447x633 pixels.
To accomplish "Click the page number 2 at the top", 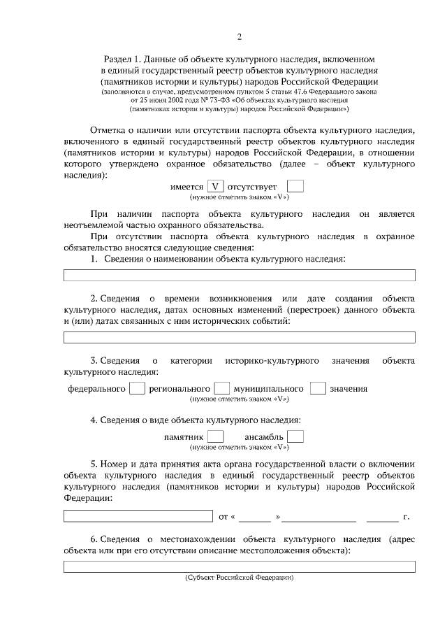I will click(239, 37).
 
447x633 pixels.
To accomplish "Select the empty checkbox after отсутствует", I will click(295, 187).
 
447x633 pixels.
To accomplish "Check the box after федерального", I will click(138, 388).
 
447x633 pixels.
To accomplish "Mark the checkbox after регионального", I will click(222, 388).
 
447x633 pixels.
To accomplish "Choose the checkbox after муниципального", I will click(318, 388).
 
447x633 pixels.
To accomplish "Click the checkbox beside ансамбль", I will click(295, 436).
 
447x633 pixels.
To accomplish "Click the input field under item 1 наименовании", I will click(239, 276).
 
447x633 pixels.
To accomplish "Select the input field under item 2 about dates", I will click(239, 337).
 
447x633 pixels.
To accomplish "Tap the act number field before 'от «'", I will click(138, 517).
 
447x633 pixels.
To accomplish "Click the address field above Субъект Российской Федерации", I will click(239, 567).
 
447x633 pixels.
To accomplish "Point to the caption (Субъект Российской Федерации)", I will click(239, 578).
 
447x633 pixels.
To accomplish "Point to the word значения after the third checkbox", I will click(349, 389).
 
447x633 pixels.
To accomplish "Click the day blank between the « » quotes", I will click(256, 518).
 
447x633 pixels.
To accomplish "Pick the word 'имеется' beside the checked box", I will click(187, 187).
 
